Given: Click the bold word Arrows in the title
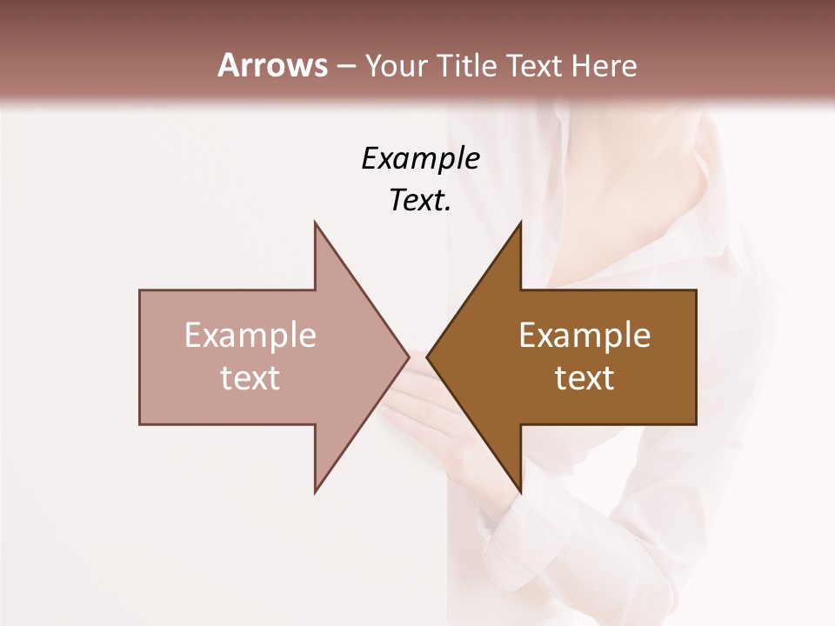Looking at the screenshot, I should click(x=273, y=65).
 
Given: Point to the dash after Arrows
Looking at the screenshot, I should click(x=345, y=66).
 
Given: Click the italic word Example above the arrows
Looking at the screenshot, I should click(x=420, y=158).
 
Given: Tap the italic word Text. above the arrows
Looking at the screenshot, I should click(x=420, y=201).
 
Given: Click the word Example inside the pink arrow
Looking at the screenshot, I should click(x=250, y=336).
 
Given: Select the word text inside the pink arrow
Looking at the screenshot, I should click(x=250, y=378).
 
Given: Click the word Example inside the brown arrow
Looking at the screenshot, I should click(x=584, y=336).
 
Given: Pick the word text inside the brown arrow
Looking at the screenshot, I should click(x=584, y=378).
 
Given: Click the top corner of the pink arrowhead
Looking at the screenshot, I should click(x=315, y=223).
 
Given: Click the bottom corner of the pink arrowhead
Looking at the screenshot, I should click(x=315, y=491).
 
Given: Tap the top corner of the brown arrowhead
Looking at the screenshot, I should click(x=520, y=223).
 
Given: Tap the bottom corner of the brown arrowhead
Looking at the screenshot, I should click(x=520, y=491).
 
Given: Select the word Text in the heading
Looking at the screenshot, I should click(x=533, y=65).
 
